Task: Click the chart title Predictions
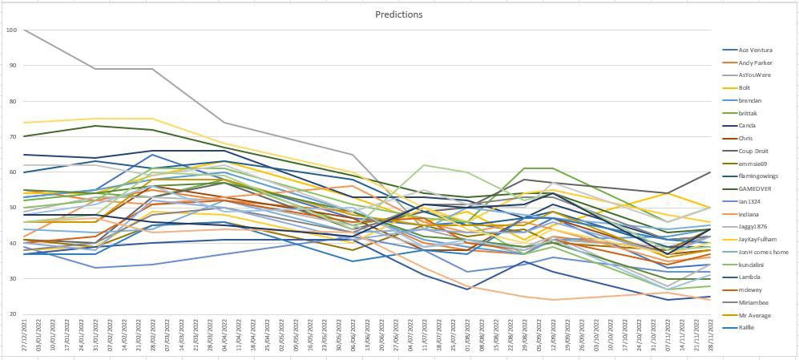[x=398, y=14]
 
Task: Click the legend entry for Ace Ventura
[x=754, y=50]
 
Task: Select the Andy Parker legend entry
[x=754, y=63]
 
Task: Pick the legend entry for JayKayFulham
[x=757, y=239]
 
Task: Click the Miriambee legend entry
[x=754, y=302]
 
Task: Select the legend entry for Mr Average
[x=754, y=315]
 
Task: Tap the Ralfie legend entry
[x=747, y=327]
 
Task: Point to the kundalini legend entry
[x=753, y=264]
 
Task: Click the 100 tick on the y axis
[x=11, y=30]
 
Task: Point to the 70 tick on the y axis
[x=13, y=137]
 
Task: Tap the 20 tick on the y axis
[x=13, y=314]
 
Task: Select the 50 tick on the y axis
[x=13, y=208]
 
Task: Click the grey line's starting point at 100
[x=24, y=30]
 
